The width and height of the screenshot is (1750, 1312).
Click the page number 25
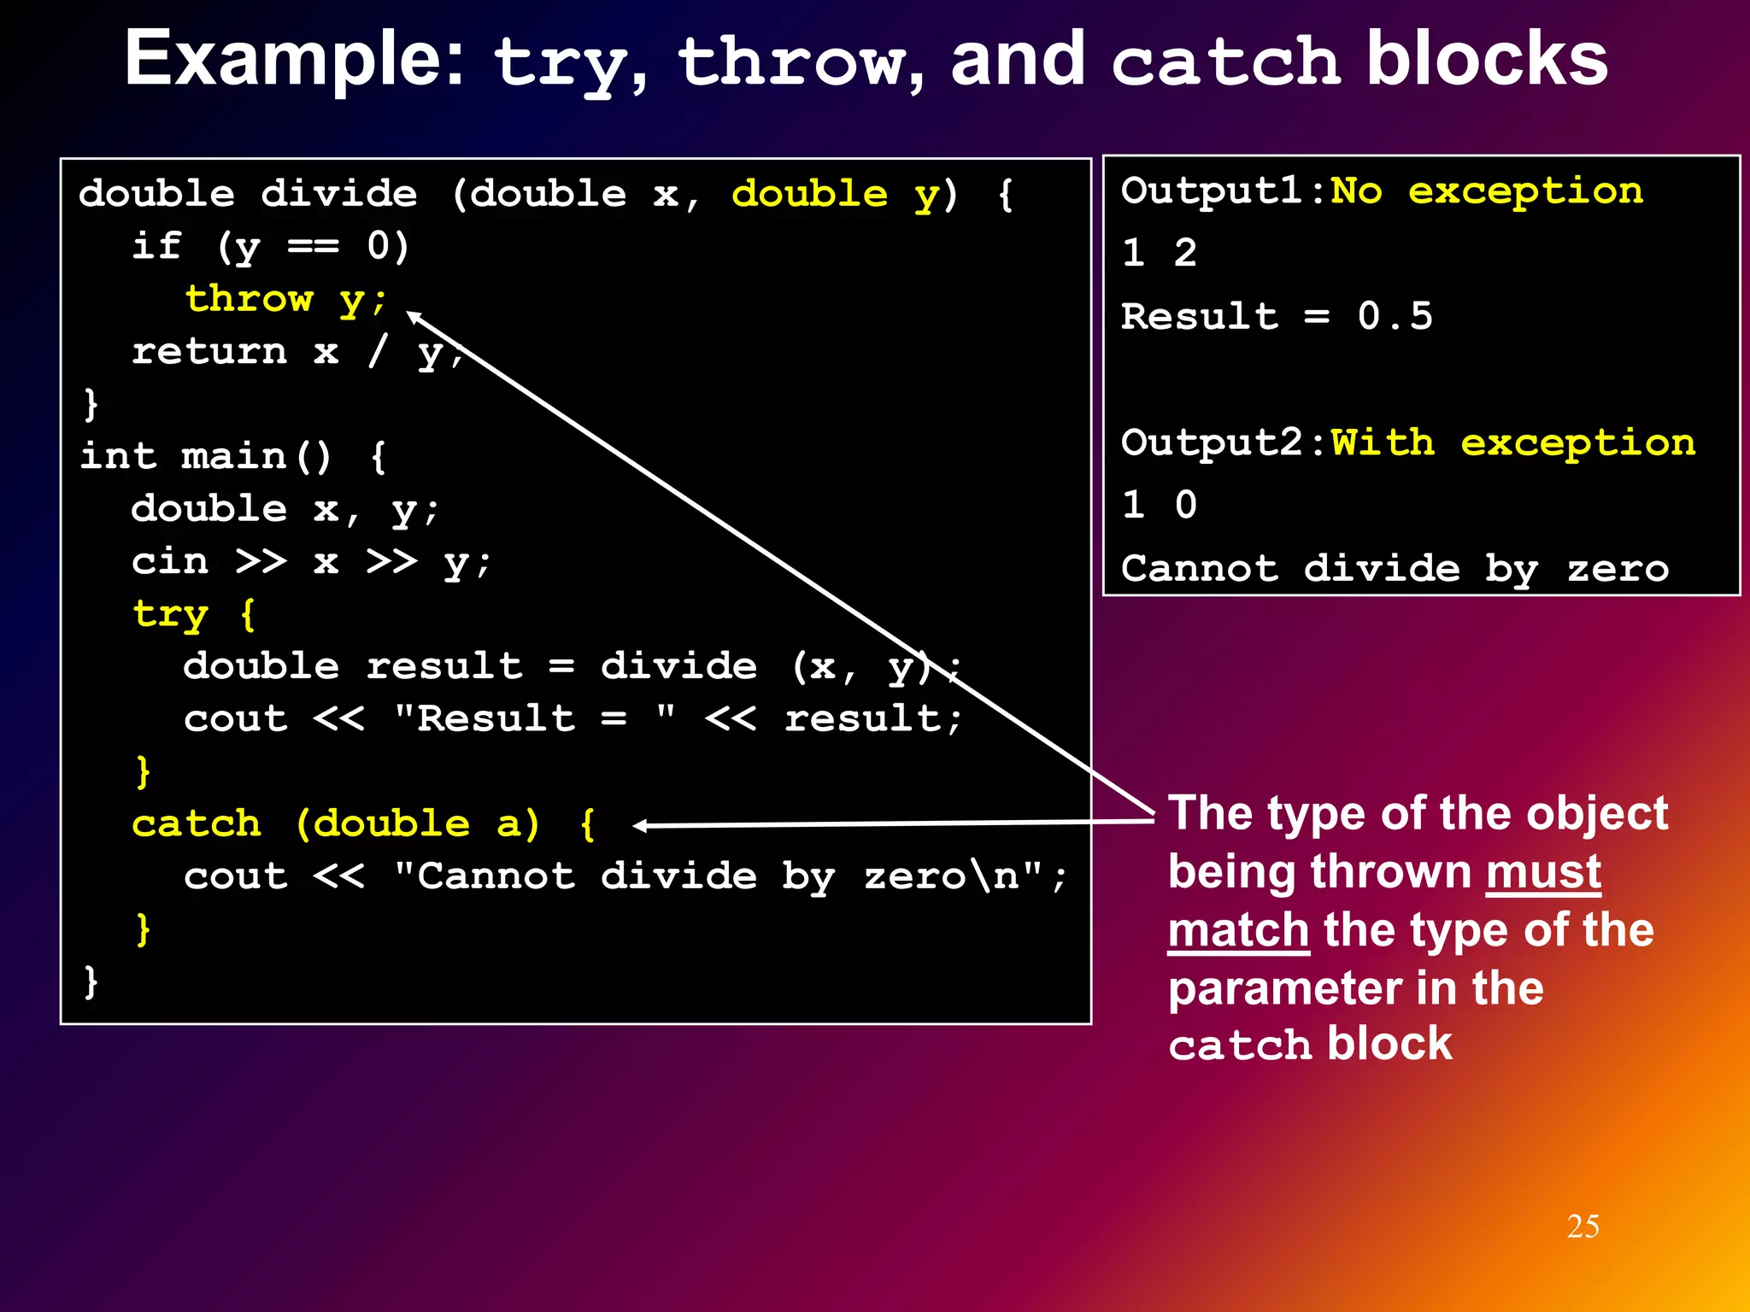pos(1583,1227)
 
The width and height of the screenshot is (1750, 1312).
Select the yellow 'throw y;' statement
pos(286,299)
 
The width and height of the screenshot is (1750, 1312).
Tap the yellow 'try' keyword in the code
pos(170,614)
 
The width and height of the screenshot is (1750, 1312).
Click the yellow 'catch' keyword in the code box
pos(197,823)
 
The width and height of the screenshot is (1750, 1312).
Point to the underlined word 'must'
pos(1542,872)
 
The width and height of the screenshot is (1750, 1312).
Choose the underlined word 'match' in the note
pos(1238,930)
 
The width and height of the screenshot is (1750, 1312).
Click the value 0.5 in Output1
pos(1395,316)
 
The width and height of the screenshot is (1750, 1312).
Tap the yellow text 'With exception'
pos(1512,442)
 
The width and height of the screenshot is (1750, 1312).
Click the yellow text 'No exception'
pos(1487,190)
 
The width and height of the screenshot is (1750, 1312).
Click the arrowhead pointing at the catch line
pos(639,825)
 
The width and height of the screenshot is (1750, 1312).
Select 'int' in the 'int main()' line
pos(118,455)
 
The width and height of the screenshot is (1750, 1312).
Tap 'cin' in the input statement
pos(170,561)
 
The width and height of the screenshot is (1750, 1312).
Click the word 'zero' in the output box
pos(1617,569)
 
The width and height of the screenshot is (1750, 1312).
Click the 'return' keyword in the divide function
pos(209,351)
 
